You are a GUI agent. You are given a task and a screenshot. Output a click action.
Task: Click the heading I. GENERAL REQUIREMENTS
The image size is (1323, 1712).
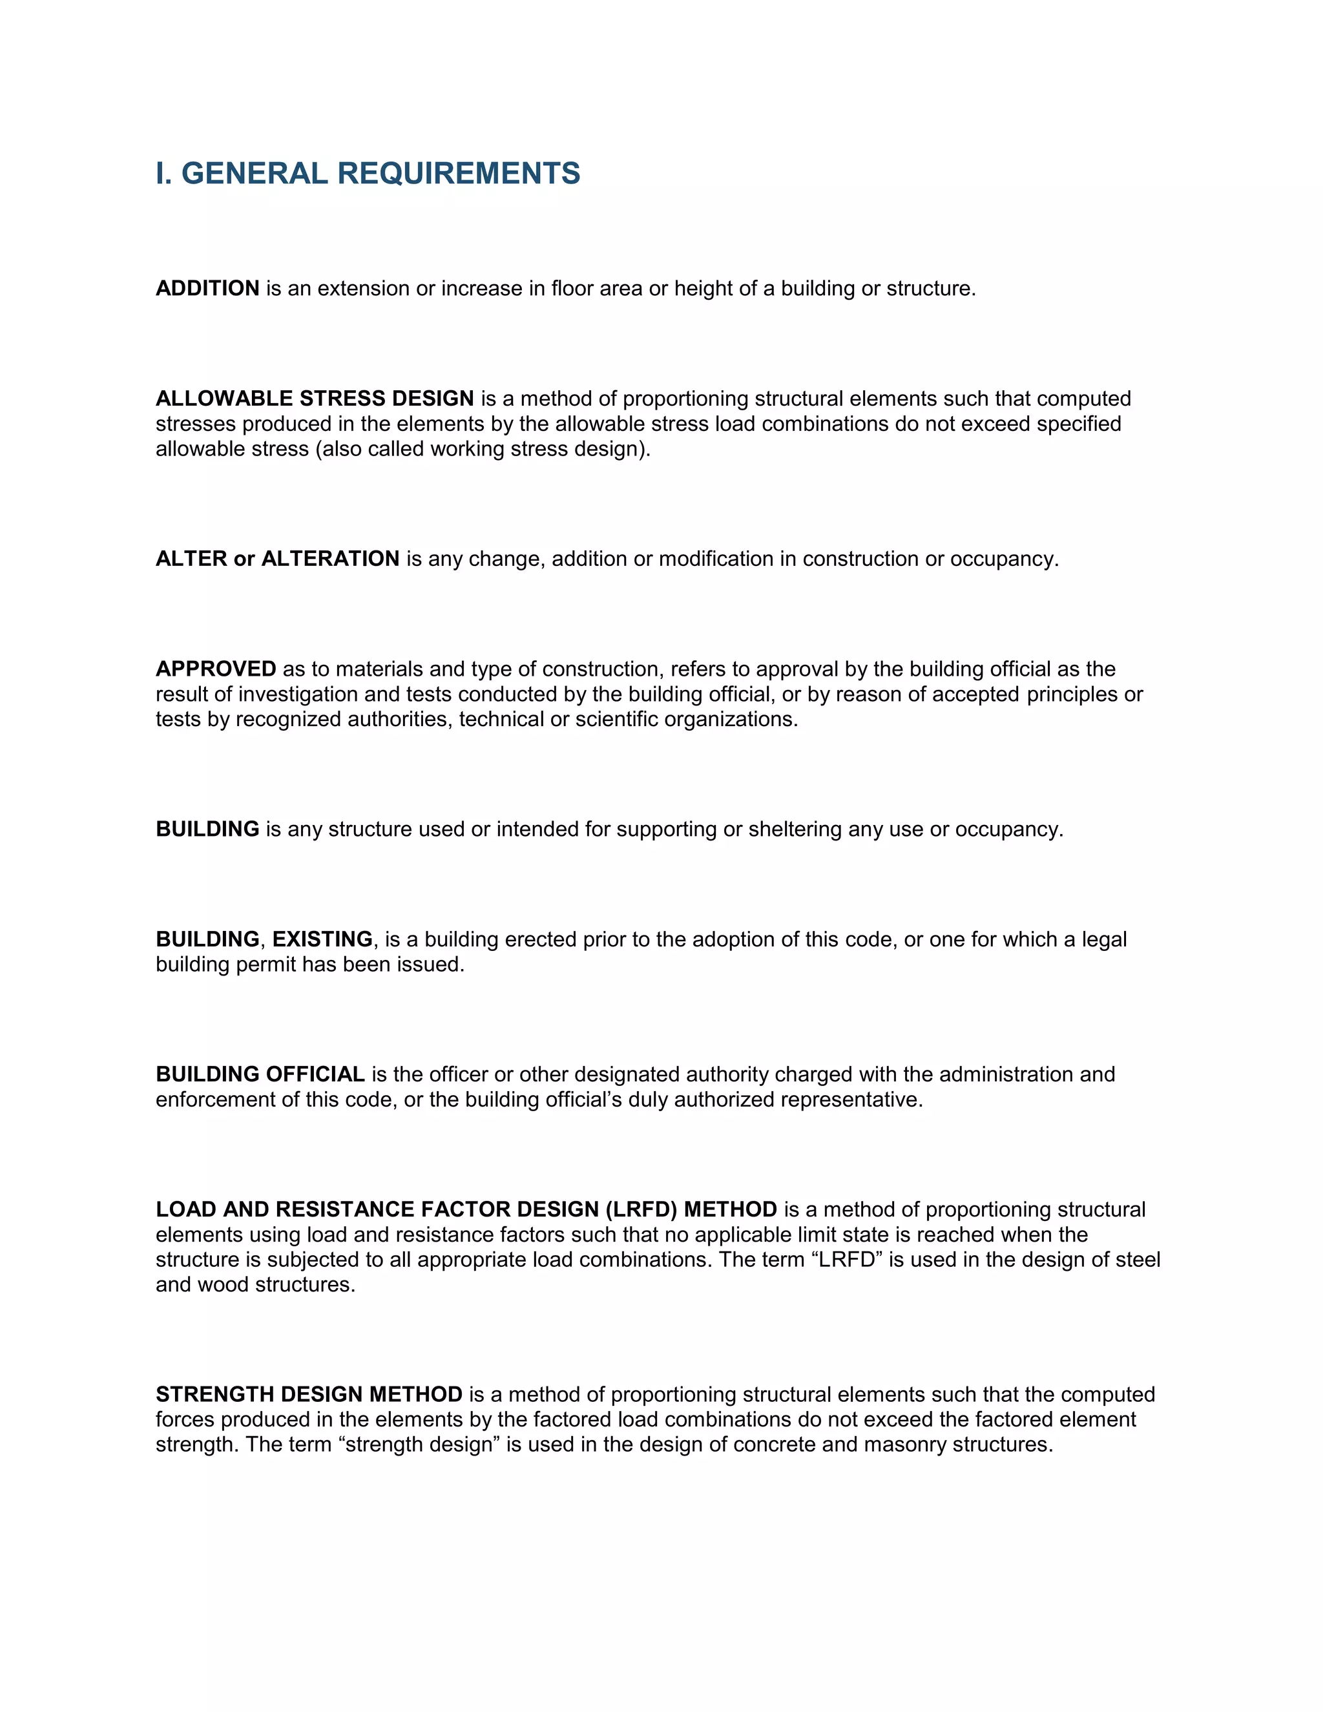368,173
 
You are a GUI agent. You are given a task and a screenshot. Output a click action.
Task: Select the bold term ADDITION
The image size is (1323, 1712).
207,289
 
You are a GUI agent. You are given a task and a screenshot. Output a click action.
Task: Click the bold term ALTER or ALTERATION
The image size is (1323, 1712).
277,559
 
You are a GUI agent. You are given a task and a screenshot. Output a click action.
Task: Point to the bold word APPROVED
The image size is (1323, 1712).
216,669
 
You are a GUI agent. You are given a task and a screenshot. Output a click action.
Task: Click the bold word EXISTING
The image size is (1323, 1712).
322,939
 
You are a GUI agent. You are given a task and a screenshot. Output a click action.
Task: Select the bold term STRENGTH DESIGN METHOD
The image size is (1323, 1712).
309,1395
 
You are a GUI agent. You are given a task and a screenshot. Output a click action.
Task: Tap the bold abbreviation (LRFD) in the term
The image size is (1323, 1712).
641,1209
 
